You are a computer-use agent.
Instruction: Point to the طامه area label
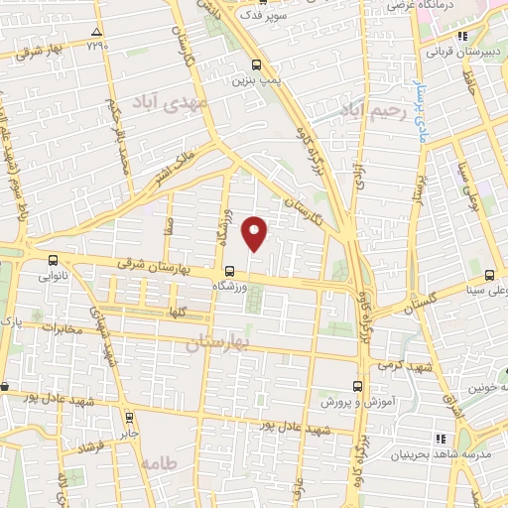coord(157,463)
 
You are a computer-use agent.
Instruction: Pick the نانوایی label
coord(54,279)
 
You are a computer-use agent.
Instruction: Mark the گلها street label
coord(179,312)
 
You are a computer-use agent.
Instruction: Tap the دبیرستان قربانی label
coord(458,50)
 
